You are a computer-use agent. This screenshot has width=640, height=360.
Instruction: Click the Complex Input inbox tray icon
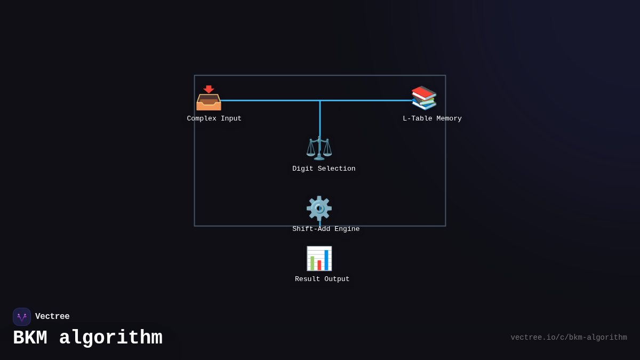coord(209,99)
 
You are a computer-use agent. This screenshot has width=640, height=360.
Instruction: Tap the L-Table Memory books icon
coord(424,98)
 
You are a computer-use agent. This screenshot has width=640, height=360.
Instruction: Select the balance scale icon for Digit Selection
coord(319,148)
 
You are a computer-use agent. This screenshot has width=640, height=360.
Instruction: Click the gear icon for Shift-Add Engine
coord(319,208)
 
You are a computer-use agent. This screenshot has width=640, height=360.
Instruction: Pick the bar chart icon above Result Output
coord(319,259)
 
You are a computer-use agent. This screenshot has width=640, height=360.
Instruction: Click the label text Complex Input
coord(214,118)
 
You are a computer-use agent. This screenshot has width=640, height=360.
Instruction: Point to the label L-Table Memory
coord(432,118)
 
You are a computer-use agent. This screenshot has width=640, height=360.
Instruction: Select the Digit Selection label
coord(324,169)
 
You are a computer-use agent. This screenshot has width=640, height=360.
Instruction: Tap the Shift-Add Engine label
coord(326,229)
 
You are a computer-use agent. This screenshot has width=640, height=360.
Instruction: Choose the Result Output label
coord(322,279)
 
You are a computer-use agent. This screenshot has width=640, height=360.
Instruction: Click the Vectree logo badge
coord(22,317)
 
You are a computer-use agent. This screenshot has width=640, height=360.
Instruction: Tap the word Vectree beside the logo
coord(52,317)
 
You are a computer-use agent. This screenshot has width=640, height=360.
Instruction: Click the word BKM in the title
coord(30,338)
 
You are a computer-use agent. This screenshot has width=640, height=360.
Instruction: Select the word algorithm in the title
coord(110,338)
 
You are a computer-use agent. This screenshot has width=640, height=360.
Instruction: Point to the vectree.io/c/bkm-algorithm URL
coord(569,338)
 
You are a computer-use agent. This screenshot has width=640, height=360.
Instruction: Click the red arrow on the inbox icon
coord(209,89)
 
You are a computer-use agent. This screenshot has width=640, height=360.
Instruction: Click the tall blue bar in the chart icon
coord(326,260)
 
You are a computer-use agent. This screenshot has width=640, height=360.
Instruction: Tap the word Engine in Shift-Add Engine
coord(347,229)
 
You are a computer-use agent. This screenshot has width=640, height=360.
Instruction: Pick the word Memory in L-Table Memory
coord(449,118)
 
